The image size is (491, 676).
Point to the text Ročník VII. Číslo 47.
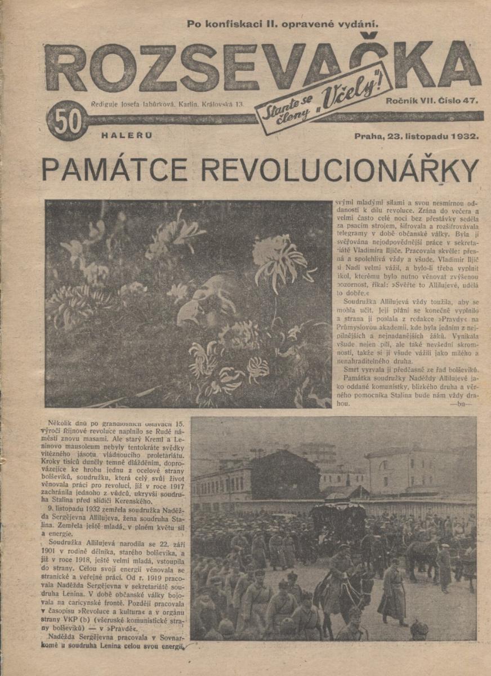tap(432, 101)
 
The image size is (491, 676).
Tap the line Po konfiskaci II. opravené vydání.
tap(282, 24)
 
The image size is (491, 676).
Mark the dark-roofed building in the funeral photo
tap(284, 473)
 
